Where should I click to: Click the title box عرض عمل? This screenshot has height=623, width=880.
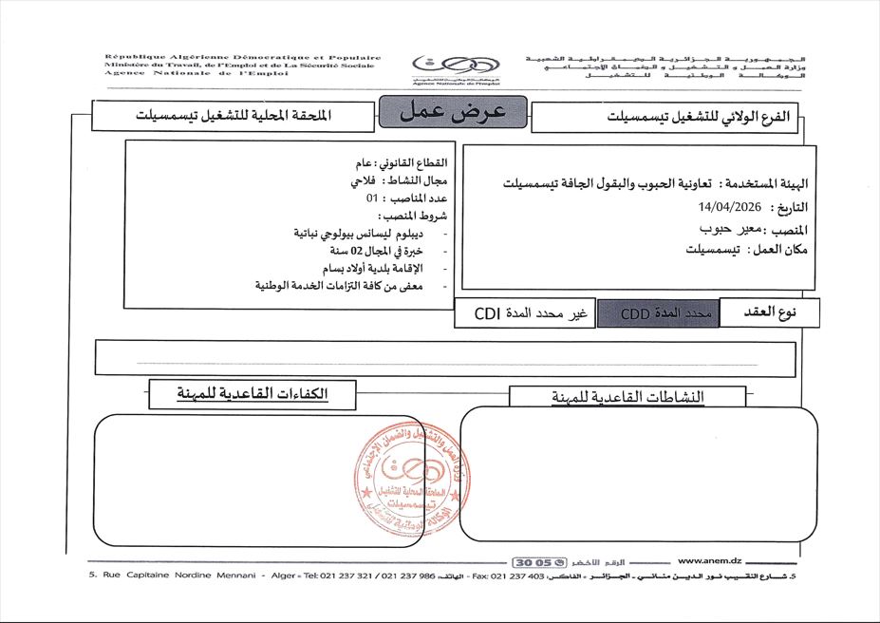(451, 111)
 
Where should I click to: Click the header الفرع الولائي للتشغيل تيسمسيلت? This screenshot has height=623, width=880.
(665, 117)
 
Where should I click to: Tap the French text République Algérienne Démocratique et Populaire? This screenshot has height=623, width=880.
(243, 57)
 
